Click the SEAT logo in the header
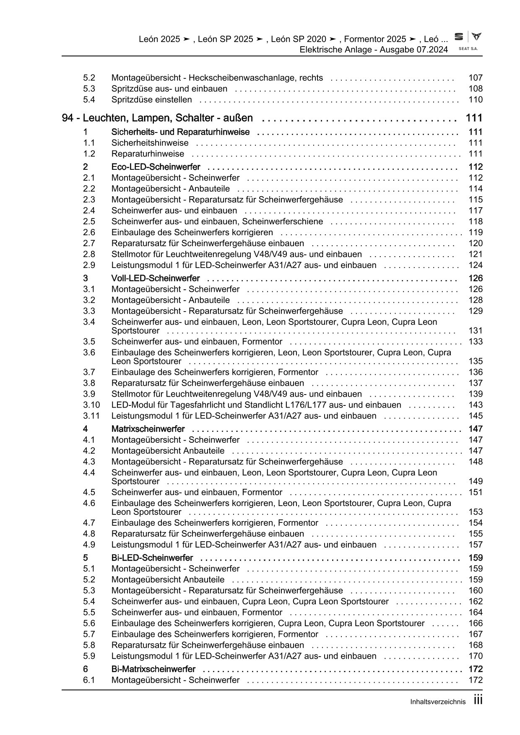459,37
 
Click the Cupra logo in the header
476,37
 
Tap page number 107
476,78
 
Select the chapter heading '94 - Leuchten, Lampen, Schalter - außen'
157,118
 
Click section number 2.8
89,255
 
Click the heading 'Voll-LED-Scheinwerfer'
155,279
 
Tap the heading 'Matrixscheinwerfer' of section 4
148,429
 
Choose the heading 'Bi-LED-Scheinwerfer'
152,558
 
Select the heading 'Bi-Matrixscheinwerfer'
153,670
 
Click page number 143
476,405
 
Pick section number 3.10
91,405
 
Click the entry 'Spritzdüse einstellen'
151,100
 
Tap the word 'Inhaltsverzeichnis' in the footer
438,702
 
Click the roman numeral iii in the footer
478,700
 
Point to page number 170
476,656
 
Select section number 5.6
89,623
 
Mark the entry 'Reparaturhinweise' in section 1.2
148,154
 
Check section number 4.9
89,545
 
